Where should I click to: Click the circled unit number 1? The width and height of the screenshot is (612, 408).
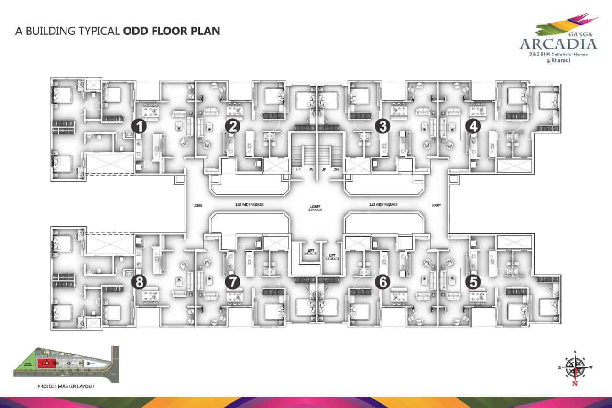[x=139, y=126]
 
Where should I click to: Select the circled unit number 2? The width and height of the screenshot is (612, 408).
[x=232, y=126]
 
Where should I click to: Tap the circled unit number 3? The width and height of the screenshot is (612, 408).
[x=382, y=126]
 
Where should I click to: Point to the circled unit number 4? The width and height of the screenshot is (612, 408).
[x=473, y=126]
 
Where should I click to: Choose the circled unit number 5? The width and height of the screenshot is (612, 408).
[x=473, y=282]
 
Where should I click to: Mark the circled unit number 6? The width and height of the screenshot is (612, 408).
[x=382, y=282]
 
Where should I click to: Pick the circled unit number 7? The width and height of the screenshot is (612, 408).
[x=232, y=282]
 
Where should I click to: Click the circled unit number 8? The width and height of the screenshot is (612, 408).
[x=139, y=282]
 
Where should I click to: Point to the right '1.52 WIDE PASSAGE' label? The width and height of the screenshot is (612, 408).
[x=382, y=205]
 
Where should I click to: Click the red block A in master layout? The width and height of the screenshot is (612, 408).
[x=48, y=363]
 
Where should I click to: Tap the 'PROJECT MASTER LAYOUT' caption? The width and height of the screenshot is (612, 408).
[x=66, y=386]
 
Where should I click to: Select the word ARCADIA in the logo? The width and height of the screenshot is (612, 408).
[x=558, y=44]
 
